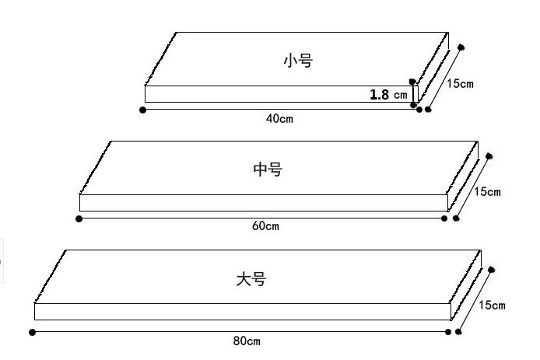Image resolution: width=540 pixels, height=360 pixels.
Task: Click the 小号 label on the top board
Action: click(x=297, y=61)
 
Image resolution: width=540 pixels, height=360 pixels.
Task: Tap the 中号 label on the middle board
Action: click(x=268, y=169)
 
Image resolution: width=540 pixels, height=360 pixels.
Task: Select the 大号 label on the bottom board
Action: click(x=251, y=278)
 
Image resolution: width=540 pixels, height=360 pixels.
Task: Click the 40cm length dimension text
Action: click(x=279, y=119)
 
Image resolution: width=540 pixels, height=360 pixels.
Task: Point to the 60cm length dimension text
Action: click(x=265, y=226)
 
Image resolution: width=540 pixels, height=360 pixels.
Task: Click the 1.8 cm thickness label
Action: click(x=387, y=95)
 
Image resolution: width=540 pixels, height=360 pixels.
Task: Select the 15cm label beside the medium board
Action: click(x=487, y=191)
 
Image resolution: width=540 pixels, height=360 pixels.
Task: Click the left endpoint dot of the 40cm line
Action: click(x=142, y=110)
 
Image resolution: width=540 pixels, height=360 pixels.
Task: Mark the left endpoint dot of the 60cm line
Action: click(x=79, y=219)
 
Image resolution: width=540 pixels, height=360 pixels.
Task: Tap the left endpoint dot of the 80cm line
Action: click(x=32, y=333)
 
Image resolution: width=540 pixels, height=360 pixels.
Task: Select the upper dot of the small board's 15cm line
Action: click(x=461, y=48)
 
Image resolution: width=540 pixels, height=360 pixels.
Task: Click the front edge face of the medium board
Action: click(x=263, y=203)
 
